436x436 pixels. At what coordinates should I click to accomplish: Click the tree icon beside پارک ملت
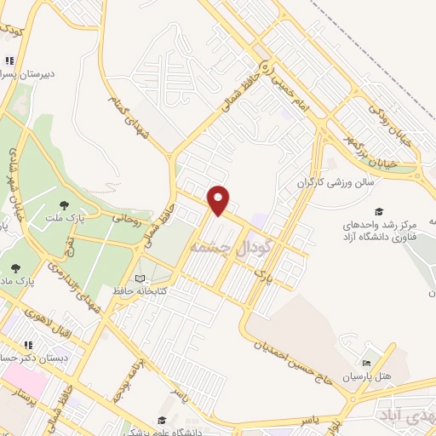pyautogui.click(x=65, y=204)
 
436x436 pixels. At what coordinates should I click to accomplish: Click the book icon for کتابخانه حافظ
pyautogui.click(x=141, y=278)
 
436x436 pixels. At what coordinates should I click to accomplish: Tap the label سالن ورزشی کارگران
pyautogui.click(x=336, y=182)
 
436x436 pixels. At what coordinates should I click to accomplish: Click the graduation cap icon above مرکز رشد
pyautogui.click(x=379, y=210)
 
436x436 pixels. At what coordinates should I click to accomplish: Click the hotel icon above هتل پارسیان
pyautogui.click(x=368, y=362)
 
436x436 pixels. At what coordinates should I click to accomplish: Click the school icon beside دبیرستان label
pyautogui.click(x=9, y=61)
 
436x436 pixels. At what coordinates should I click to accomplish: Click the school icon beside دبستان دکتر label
pyautogui.click(x=28, y=346)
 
